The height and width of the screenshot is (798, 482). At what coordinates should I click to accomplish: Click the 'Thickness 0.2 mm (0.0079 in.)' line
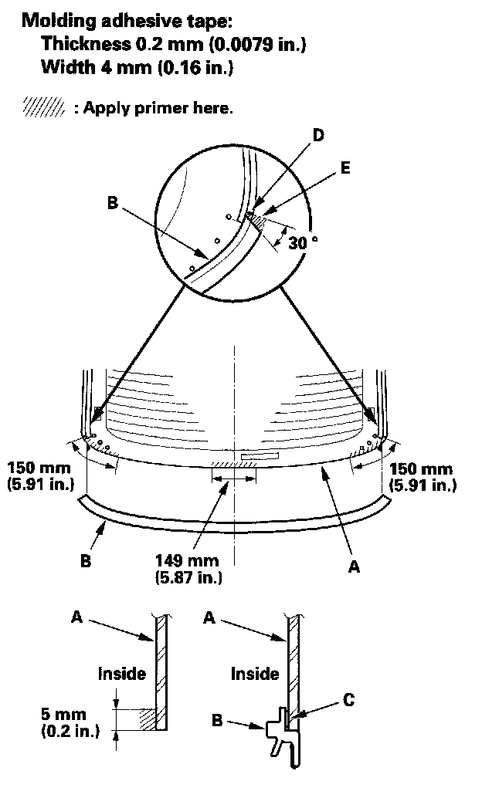click(174, 45)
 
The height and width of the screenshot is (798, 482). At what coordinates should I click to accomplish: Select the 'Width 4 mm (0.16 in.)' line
click(137, 68)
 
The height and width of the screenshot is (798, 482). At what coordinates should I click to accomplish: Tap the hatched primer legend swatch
click(43, 107)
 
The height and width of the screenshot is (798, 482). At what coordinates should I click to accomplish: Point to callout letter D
click(317, 135)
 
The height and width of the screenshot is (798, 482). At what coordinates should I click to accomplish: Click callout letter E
click(345, 167)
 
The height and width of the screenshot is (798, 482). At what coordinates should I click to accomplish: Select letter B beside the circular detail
click(113, 205)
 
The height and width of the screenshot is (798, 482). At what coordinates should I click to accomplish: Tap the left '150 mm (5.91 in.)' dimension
click(39, 476)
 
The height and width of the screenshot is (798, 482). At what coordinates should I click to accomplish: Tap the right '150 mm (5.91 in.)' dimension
click(422, 476)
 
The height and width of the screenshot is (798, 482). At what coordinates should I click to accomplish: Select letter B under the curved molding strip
click(86, 561)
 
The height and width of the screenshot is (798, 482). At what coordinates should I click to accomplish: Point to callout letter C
click(349, 700)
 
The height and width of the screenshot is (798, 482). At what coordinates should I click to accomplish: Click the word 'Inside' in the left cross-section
click(121, 674)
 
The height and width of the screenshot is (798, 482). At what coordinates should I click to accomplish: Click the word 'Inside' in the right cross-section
click(255, 674)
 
